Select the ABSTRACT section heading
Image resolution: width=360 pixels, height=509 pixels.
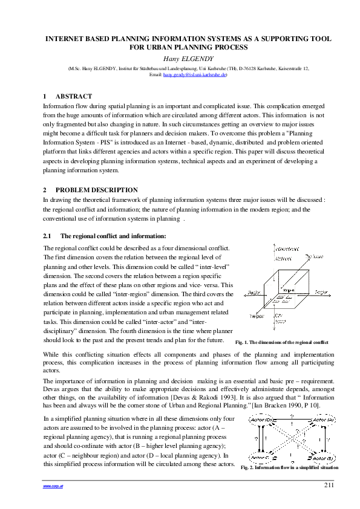(74, 97)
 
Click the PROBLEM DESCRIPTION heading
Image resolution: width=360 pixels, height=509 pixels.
(100, 190)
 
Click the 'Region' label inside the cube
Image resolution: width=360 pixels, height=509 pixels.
(288, 291)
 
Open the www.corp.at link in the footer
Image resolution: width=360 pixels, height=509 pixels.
(50, 485)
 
